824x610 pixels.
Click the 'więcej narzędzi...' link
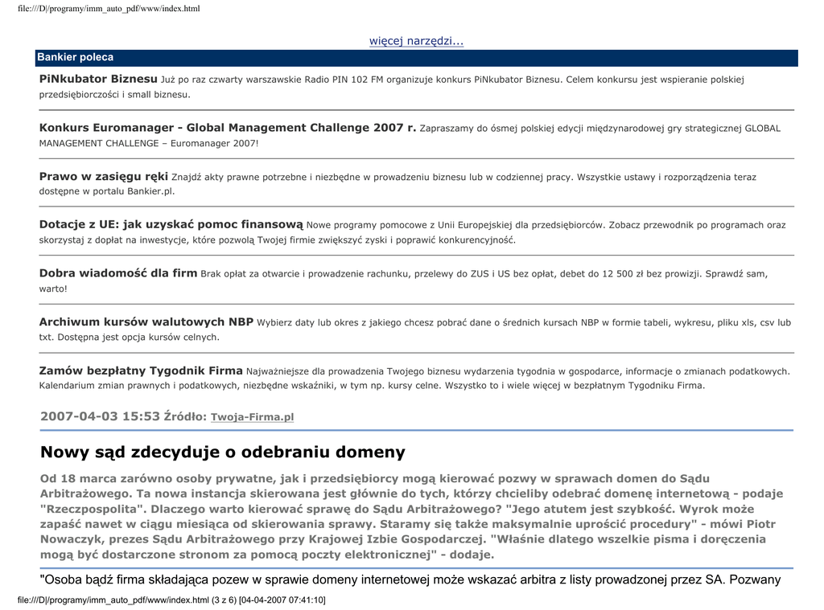[416, 41]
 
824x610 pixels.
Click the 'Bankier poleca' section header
[75, 58]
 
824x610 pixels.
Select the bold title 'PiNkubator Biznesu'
[98, 79]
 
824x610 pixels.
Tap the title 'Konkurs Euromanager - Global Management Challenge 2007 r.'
[228, 128]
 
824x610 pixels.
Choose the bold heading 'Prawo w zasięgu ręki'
[104, 176]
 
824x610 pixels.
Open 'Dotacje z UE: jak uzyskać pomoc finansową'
[171, 225]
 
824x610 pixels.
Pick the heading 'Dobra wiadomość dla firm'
[118, 273]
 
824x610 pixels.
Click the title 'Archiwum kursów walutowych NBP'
[146, 322]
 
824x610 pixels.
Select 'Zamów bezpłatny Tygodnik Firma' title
[141, 371]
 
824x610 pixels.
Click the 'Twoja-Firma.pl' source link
[252, 417]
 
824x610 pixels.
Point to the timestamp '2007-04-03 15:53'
[100, 416]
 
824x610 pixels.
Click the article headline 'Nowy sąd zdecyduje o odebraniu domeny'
[223, 452]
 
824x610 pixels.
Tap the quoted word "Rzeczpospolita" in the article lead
[93, 509]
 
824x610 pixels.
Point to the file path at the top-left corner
[109, 8]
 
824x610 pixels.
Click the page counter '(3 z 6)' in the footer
[224, 600]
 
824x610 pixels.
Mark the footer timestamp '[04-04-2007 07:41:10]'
[282, 600]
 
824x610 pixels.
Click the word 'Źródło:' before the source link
[185, 416]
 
